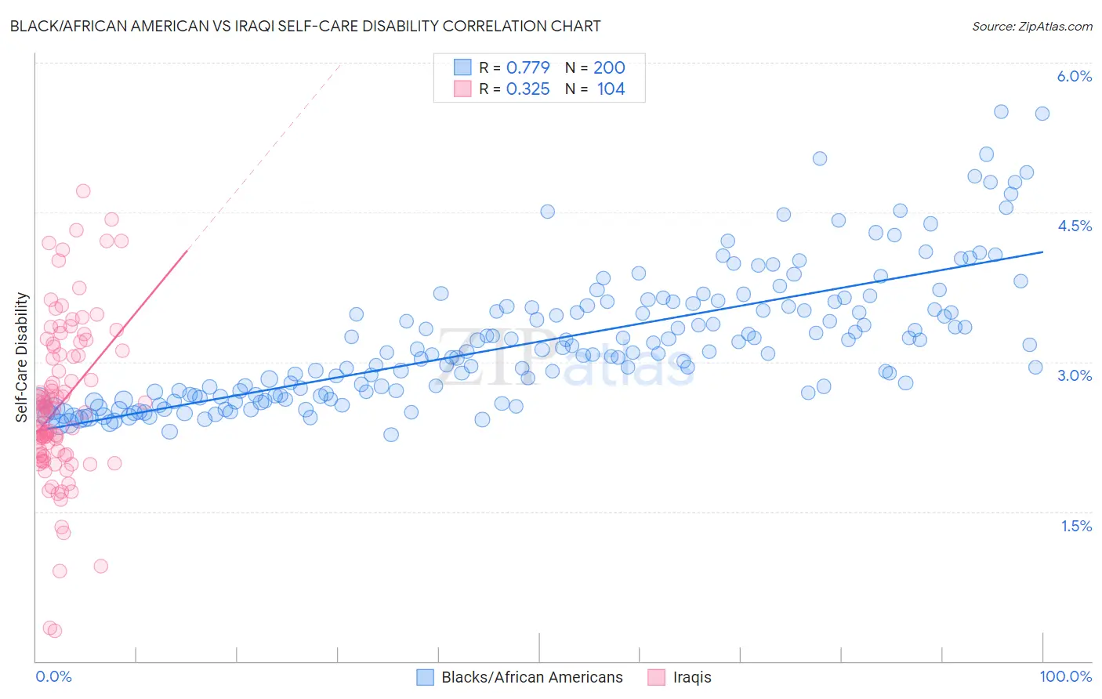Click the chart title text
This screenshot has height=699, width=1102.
coord(305,26)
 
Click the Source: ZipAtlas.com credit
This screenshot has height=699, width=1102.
coord(1031,26)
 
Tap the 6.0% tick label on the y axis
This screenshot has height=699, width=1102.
coord(1074,76)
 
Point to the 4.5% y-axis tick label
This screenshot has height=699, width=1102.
coord(1074,226)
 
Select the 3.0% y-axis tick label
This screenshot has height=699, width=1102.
coord(1074,375)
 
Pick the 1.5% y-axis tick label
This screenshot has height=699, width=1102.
coord(1076,526)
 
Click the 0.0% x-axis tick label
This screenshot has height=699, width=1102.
coord(53,676)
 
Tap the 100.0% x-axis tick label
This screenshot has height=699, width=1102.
coord(1065,676)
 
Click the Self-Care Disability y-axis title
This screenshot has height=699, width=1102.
coord(22,357)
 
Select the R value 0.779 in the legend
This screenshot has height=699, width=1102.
coord(527,67)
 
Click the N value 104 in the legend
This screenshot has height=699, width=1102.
coord(611,89)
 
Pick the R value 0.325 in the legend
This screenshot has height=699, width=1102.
coord(527,89)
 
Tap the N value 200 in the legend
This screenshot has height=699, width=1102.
coord(609,67)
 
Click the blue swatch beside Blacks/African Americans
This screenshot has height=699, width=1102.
coord(425,677)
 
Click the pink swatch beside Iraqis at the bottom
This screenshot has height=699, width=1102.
coord(657,677)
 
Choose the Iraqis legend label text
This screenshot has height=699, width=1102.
coord(692,677)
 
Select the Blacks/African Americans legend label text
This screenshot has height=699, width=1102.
coord(532,677)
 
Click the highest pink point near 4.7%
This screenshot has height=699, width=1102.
coord(83,191)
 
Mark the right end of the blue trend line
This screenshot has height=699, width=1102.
coord(1042,252)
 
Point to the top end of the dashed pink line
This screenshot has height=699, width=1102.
coord(342,63)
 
